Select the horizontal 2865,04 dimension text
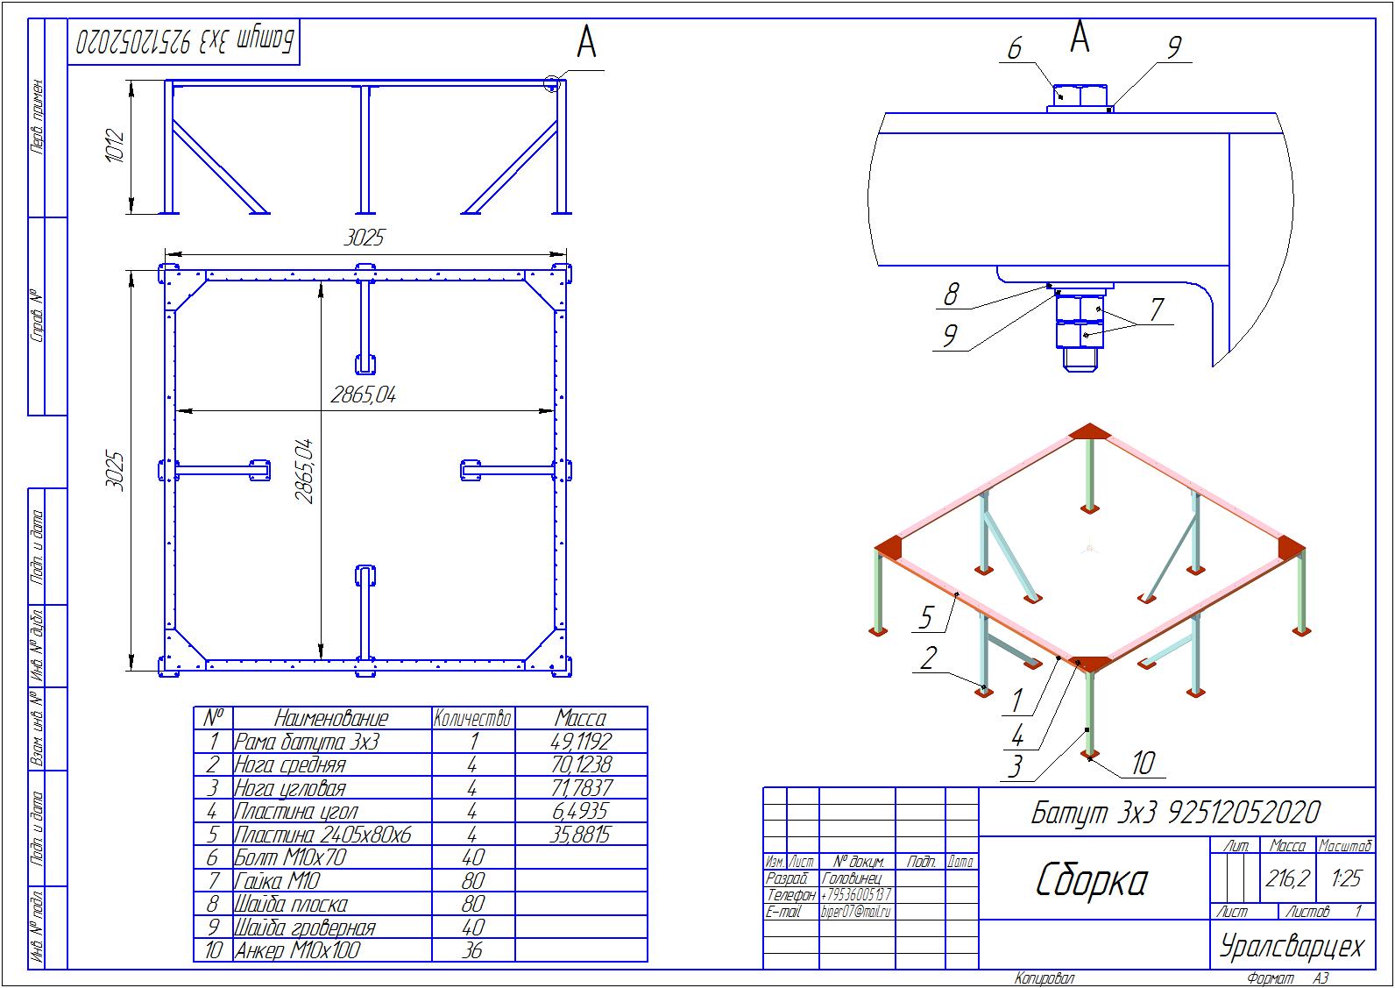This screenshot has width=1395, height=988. [363, 395]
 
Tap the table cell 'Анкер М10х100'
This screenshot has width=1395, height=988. [297, 950]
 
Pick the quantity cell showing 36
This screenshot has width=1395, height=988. [471, 950]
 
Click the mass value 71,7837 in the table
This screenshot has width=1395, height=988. [581, 787]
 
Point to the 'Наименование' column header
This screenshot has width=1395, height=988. [331, 718]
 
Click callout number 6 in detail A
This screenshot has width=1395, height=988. [1014, 48]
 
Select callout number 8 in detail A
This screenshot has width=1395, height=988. [951, 295]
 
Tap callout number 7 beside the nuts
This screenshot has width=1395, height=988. [1157, 309]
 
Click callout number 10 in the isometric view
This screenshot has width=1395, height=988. [1144, 764]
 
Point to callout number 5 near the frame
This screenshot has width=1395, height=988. [926, 617]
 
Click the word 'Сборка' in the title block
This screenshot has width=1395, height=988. [1091, 880]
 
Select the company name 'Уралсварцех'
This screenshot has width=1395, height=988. [1292, 946]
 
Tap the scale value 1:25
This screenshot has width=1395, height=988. [1345, 878]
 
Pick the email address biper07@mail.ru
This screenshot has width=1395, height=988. [854, 912]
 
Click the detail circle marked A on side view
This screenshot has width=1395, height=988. [552, 84]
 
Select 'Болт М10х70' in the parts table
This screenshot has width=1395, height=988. [290, 857]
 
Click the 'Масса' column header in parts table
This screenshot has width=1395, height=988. [581, 718]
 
